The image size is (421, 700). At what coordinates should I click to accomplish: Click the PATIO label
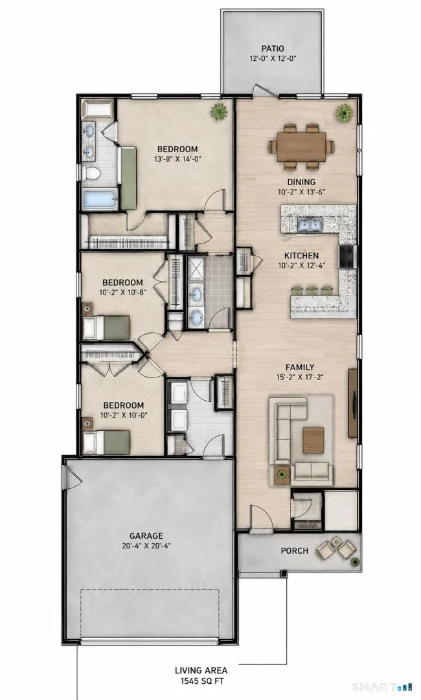[272, 49]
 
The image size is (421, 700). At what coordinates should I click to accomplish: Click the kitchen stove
[347, 256]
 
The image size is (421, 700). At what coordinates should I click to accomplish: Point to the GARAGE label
[146, 536]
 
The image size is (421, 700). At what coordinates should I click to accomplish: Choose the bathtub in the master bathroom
[100, 199]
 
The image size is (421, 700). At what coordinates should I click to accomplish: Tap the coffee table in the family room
[313, 440]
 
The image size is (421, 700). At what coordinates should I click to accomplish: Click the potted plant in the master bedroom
[218, 111]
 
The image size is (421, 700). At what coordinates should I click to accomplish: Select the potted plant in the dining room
[345, 113]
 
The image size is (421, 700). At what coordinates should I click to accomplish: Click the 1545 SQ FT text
[201, 681]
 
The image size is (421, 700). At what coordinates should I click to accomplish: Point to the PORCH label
[294, 551]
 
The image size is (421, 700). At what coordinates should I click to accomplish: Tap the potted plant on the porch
[355, 561]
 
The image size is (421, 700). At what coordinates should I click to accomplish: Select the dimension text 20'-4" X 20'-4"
[146, 545]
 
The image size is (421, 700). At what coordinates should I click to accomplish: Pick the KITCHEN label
[301, 256]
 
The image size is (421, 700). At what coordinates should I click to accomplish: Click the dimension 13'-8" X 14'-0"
[177, 159]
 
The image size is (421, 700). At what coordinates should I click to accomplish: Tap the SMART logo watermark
[380, 686]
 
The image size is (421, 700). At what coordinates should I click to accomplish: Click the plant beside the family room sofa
[282, 475]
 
